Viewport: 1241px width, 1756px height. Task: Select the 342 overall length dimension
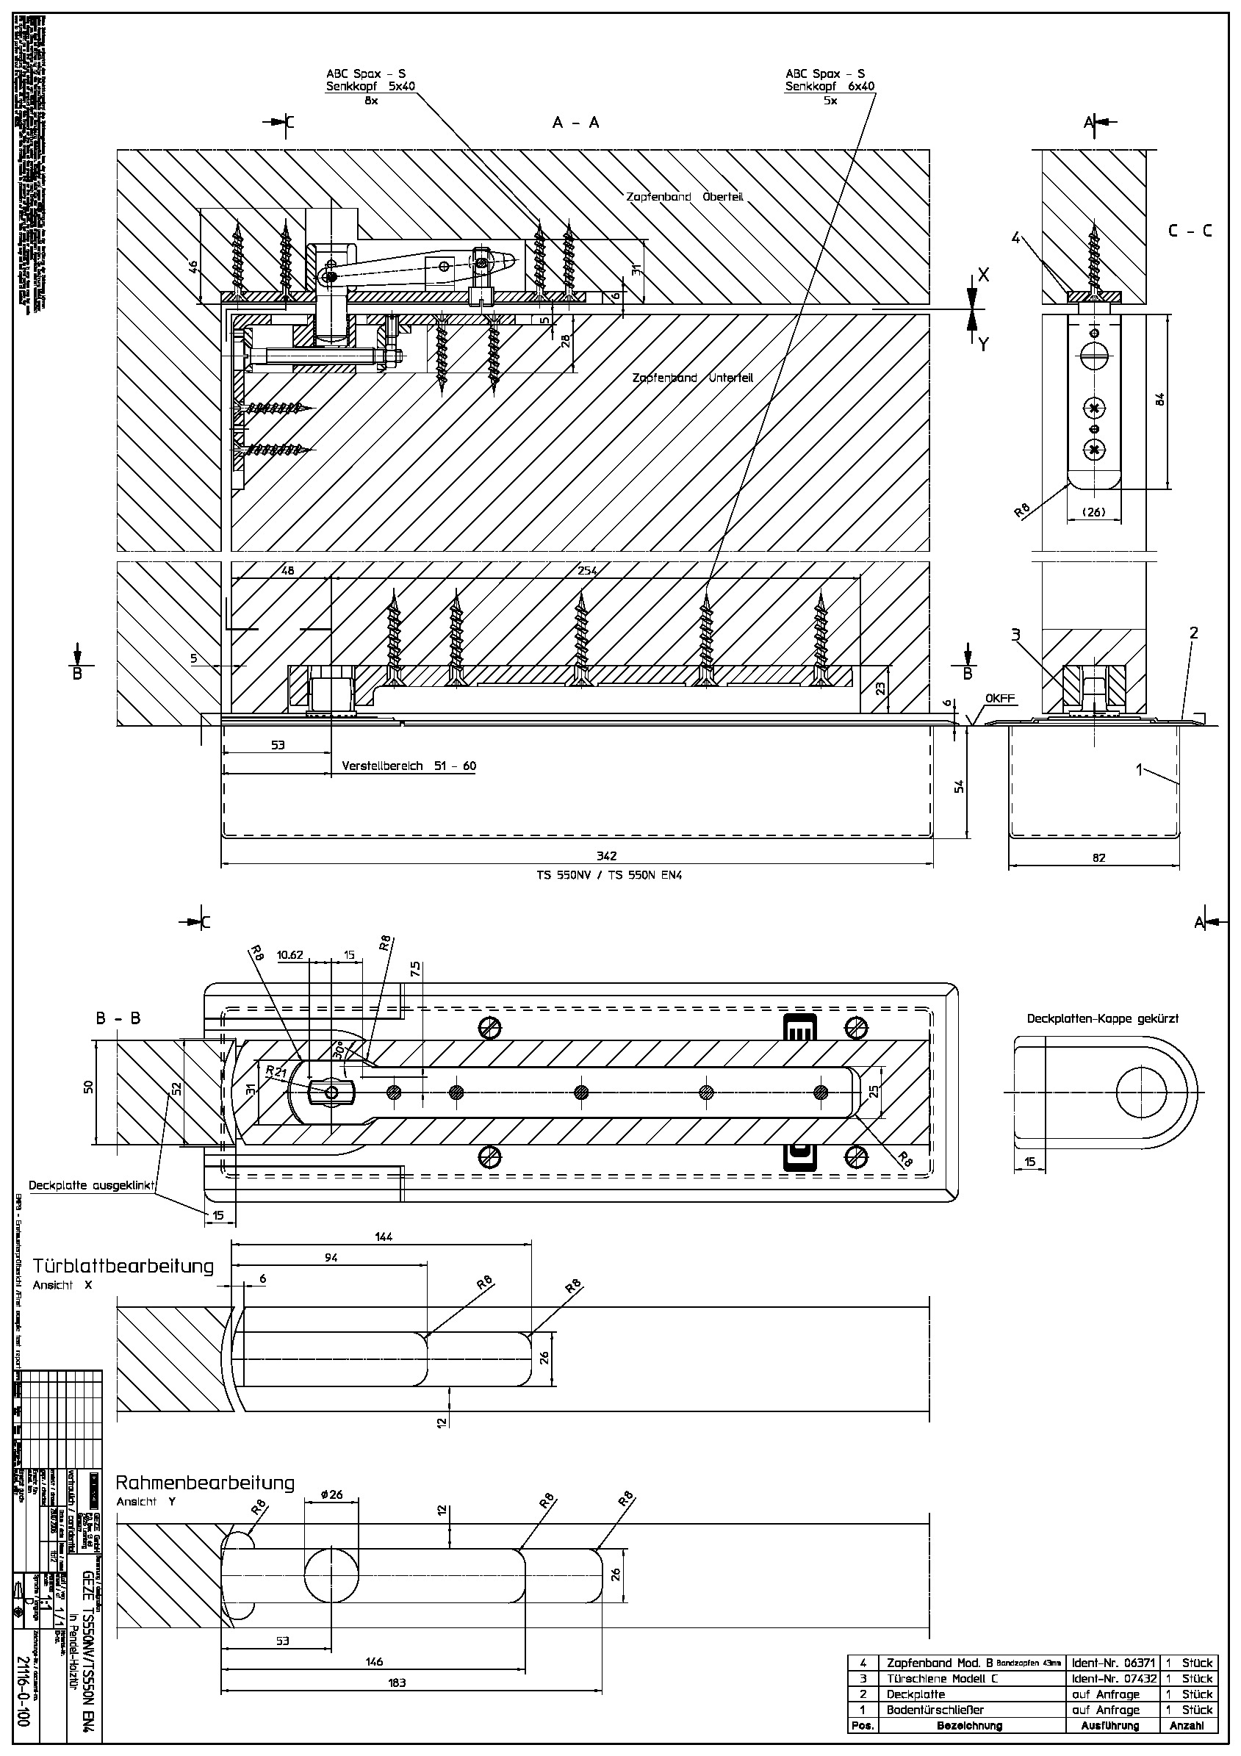pyautogui.click(x=606, y=856)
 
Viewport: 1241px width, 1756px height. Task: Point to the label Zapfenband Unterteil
pyautogui.click(x=693, y=378)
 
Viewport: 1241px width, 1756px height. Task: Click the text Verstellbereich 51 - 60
pyautogui.click(x=409, y=766)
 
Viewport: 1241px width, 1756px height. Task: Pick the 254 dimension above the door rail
pyautogui.click(x=587, y=571)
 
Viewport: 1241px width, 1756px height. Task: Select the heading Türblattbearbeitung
pyautogui.click(x=123, y=1266)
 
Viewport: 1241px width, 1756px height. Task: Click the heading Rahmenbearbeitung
pyautogui.click(x=205, y=1483)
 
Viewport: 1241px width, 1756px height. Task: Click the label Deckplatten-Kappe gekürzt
pyautogui.click(x=1103, y=1019)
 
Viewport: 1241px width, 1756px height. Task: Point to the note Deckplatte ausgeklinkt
pyautogui.click(x=92, y=1186)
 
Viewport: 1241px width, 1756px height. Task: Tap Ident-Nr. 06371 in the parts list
pyautogui.click(x=1114, y=1663)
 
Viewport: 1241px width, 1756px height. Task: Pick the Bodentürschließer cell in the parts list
pyautogui.click(x=935, y=1710)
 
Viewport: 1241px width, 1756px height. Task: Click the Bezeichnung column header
pyautogui.click(x=969, y=1725)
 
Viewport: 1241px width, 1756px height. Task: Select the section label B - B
pyautogui.click(x=118, y=1019)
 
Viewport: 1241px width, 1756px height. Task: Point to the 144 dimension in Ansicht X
pyautogui.click(x=384, y=1237)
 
